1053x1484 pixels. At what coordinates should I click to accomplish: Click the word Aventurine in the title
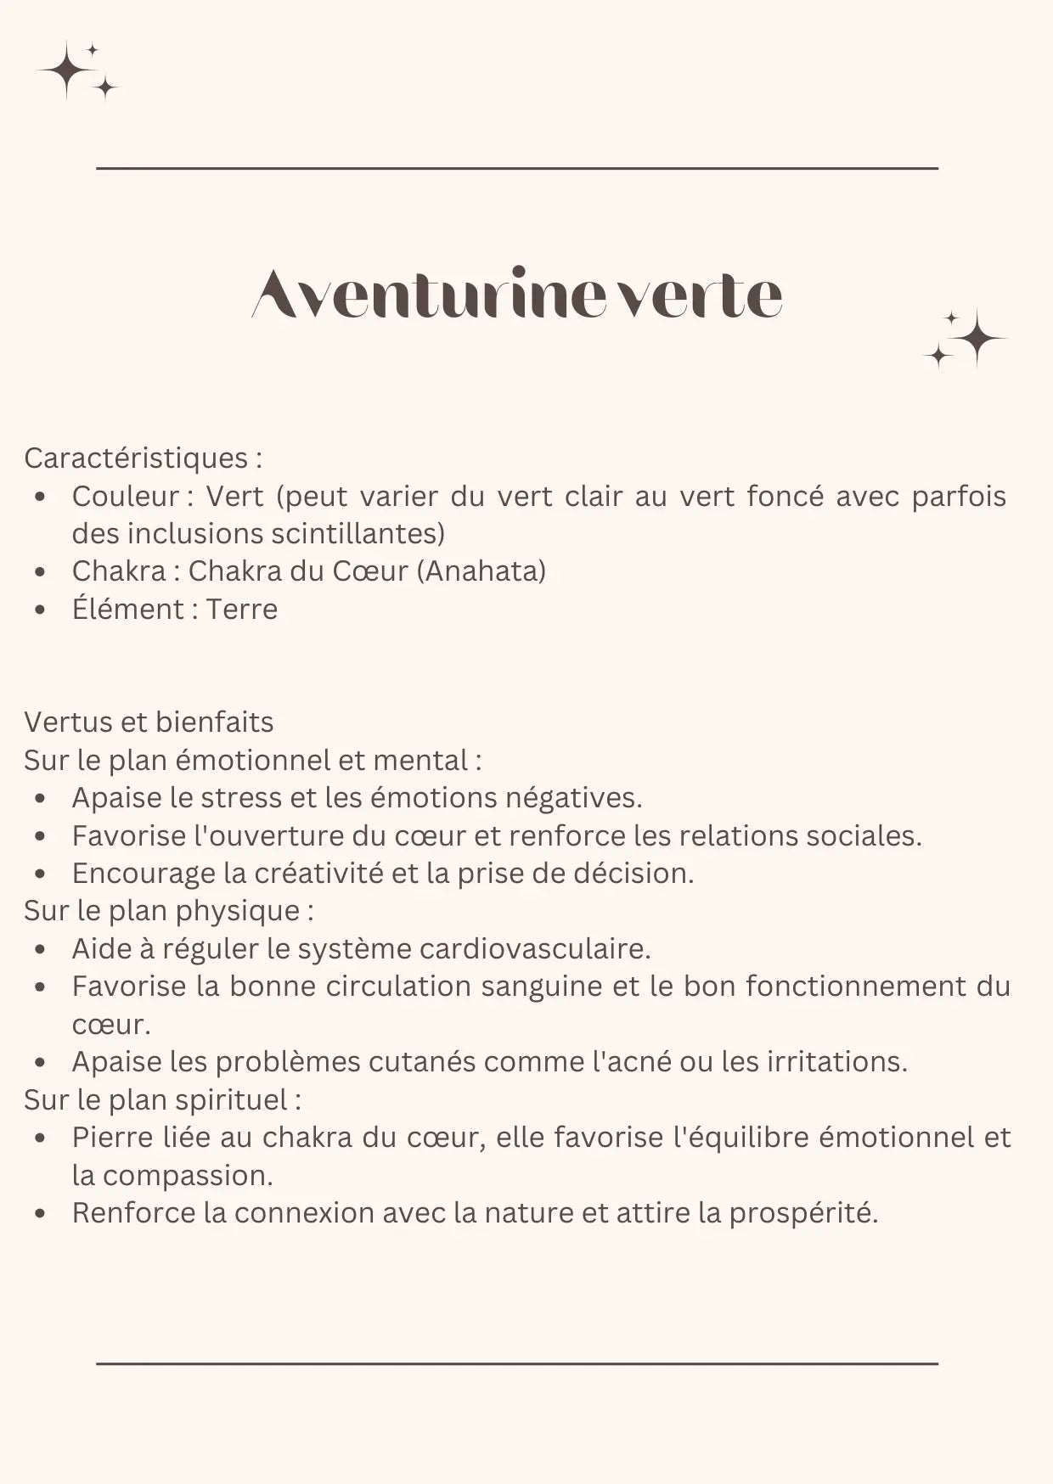[429, 295]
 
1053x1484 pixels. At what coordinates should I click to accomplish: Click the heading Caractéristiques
[136, 458]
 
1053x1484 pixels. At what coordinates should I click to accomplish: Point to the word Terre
[242, 610]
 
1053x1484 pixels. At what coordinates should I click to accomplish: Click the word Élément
[127, 610]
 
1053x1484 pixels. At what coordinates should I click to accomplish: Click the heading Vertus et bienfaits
[149, 722]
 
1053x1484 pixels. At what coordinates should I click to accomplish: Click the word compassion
[188, 1176]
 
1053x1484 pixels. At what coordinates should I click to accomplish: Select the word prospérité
[803, 1213]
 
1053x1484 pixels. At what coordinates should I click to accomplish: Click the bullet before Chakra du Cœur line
[40, 572]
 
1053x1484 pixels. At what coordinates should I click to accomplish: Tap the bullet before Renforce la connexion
[40, 1214]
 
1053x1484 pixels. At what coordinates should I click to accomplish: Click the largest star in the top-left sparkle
[66, 70]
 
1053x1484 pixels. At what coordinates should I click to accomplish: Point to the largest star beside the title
[977, 338]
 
